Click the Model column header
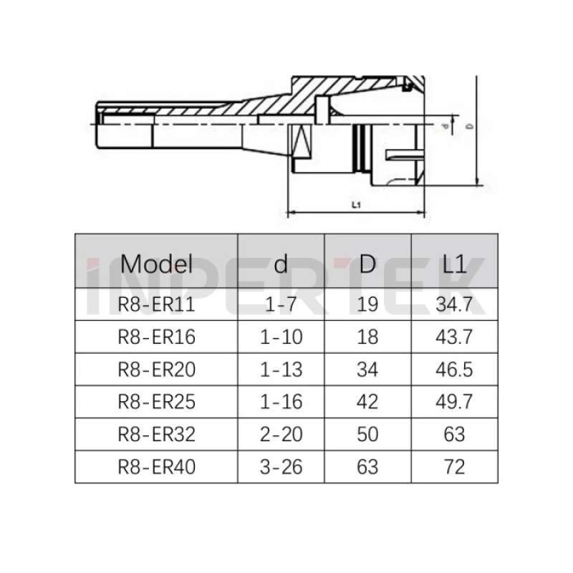(x=156, y=264)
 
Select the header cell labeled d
(x=281, y=264)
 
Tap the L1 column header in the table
(x=454, y=264)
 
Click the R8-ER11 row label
(x=156, y=305)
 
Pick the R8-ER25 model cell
(x=156, y=402)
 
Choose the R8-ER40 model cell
(x=156, y=467)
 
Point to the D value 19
(x=367, y=305)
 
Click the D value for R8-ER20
(x=367, y=370)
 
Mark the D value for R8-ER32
(x=367, y=434)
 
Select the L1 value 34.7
(x=454, y=305)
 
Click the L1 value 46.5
(x=454, y=370)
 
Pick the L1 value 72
(x=454, y=467)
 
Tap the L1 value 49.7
(x=454, y=402)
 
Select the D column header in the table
(x=367, y=264)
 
